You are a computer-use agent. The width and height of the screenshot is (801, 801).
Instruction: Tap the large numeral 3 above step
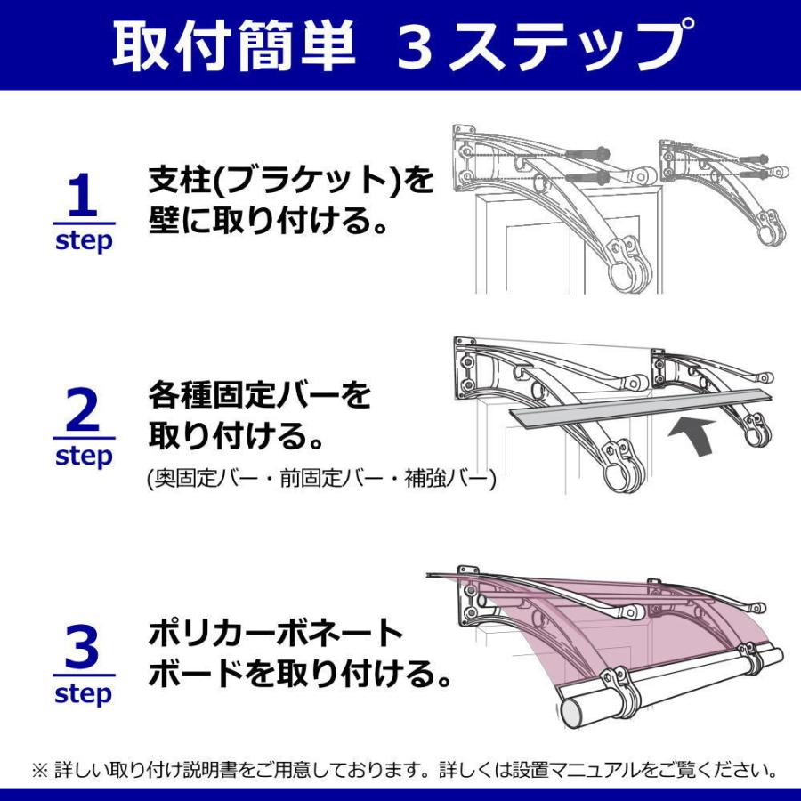tap(82, 648)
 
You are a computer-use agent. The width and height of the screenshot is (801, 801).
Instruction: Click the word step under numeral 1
tap(83, 241)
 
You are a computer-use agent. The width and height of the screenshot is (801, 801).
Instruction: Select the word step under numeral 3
tap(83, 694)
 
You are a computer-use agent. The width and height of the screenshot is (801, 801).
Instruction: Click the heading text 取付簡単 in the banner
tap(233, 45)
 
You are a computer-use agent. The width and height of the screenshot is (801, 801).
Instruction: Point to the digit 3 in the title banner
tap(414, 46)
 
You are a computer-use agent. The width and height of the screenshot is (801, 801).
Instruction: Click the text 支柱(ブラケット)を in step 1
tap(290, 182)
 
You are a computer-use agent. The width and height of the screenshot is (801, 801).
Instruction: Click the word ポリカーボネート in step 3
tap(276, 634)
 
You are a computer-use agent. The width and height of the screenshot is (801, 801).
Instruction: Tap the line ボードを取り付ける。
tap(299, 674)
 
